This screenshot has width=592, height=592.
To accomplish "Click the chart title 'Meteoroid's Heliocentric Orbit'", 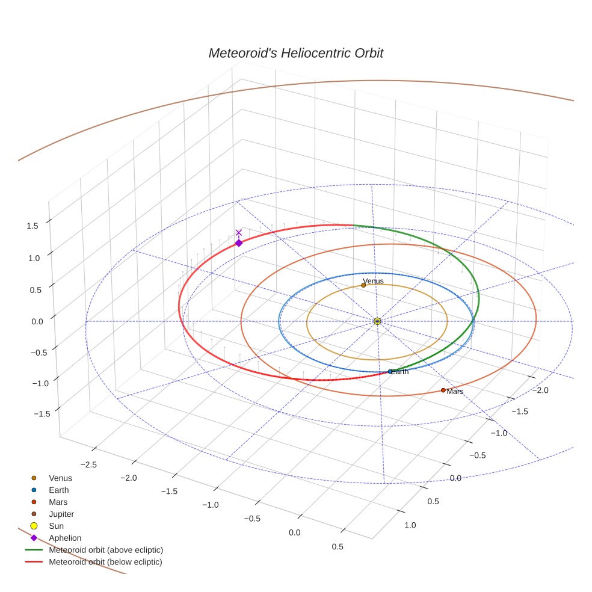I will pyautogui.click(x=295, y=53).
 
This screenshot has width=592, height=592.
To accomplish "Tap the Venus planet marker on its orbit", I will pyautogui.click(x=363, y=285).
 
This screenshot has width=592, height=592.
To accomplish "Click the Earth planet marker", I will pyautogui.click(x=390, y=372).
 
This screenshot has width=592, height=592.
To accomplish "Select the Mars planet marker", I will pyautogui.click(x=443, y=390).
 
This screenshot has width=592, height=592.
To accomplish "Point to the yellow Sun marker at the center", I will pyautogui.click(x=377, y=321).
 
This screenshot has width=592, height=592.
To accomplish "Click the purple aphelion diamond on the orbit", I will pyautogui.click(x=239, y=243).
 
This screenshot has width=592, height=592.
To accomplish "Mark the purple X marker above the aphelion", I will pyautogui.click(x=239, y=232).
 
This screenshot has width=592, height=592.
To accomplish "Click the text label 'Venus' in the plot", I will pyautogui.click(x=374, y=281).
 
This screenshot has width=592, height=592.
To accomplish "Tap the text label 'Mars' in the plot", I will pyautogui.click(x=455, y=392).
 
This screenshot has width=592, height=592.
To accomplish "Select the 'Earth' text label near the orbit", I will pyautogui.click(x=400, y=372).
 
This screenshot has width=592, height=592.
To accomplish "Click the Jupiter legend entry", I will pyautogui.click(x=61, y=514).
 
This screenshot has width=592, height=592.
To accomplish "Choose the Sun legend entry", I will pyautogui.click(x=56, y=526).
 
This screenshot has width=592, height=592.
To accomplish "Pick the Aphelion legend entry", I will pyautogui.click(x=65, y=538).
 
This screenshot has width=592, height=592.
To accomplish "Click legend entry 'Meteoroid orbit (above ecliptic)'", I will pyautogui.click(x=106, y=550).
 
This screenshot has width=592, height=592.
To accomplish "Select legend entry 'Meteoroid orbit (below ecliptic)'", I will pyautogui.click(x=106, y=562).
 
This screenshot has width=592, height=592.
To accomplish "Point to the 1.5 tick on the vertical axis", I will pyautogui.click(x=32, y=226).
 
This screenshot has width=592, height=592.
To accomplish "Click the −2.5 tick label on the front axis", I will pyautogui.click(x=89, y=464).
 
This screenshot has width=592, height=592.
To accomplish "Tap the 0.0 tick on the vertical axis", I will pyautogui.click(x=37, y=321).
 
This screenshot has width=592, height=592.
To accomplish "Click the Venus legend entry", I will pyautogui.click(x=60, y=478).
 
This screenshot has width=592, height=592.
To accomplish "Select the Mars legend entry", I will pyautogui.click(x=58, y=502).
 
